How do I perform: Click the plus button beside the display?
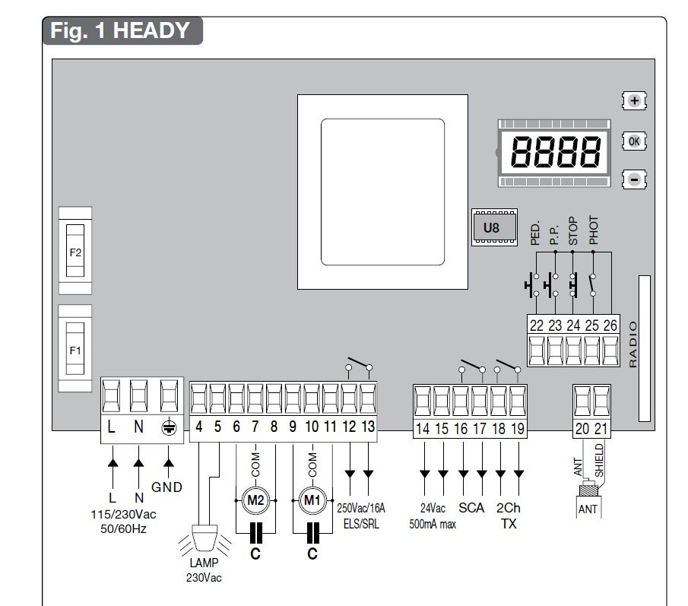634,101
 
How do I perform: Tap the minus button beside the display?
634,179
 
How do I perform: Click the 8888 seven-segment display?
555,152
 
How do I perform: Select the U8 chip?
494,227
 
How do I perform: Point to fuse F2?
75,251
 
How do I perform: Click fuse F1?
75,349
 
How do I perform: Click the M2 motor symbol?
255,500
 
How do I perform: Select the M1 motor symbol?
312,500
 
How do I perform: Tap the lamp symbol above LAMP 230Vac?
205,538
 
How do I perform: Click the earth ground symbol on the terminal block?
169,427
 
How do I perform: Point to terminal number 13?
368,427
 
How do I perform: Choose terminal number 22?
536,325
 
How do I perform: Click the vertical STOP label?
573,231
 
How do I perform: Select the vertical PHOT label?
593,230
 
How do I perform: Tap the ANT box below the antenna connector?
588,508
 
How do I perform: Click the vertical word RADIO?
633,344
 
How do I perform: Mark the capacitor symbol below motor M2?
255,533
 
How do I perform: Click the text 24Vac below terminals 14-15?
433,508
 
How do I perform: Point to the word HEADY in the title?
151,30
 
